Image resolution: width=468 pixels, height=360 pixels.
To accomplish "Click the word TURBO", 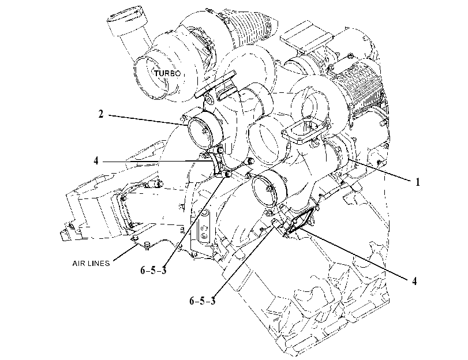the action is [167, 73].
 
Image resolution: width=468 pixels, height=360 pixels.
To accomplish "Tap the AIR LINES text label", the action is [91, 263].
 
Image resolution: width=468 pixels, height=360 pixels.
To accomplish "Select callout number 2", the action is [101, 114].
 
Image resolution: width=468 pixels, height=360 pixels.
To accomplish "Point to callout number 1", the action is [418, 182].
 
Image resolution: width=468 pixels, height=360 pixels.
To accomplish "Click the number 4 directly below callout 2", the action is [96, 160].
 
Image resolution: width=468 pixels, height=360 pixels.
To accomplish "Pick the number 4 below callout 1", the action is [414, 281].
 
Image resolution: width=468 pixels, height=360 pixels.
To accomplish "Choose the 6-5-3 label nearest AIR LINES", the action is [153, 270].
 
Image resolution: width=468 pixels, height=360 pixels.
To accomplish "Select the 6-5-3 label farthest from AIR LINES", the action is [203, 301].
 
